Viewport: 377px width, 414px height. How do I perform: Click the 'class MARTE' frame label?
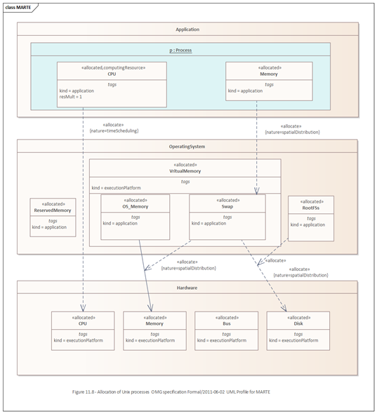coord(18,8)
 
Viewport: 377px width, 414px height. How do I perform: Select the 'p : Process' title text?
coord(180,50)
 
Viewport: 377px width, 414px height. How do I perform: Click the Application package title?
coord(187,29)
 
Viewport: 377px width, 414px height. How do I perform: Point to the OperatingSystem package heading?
coord(187,147)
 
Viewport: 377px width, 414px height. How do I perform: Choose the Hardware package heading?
coord(187,288)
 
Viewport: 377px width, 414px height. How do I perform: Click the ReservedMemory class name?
coord(53,211)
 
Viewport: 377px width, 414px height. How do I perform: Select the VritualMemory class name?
coord(185,171)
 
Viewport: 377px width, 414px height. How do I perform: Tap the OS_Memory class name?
coord(135,206)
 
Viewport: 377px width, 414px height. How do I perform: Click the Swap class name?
coord(227,206)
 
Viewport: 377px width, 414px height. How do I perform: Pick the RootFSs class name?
coord(311,208)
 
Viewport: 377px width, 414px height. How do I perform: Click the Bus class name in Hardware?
coord(227,323)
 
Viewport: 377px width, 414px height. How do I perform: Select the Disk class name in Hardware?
coord(298,323)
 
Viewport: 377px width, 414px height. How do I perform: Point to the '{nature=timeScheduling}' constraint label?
coord(114,131)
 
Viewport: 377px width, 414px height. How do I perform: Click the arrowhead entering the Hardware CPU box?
coord(83,308)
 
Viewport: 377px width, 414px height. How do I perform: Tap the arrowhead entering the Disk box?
coord(284,308)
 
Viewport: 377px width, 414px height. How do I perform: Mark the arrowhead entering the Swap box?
coord(256,191)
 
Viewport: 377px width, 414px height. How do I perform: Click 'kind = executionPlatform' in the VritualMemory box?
coord(117,188)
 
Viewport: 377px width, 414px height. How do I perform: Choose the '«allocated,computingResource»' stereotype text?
coord(113,68)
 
